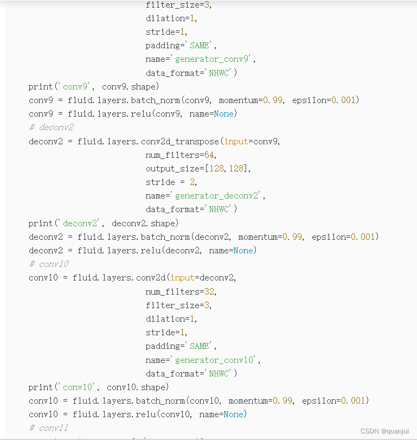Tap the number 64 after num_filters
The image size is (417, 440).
(x=210, y=155)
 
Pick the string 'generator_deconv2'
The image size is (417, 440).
(x=218, y=195)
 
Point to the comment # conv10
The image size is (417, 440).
(x=49, y=264)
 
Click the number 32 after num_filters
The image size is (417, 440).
(x=210, y=291)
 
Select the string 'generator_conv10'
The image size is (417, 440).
(x=215, y=360)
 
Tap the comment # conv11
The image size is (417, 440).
(x=49, y=428)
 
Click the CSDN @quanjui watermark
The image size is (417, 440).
(x=385, y=431)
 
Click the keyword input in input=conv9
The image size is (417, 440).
(x=236, y=141)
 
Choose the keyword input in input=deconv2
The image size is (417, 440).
(x=182, y=278)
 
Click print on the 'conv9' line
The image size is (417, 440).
(x=40, y=86)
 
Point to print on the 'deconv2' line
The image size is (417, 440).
(x=40, y=223)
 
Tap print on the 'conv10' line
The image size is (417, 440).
(x=40, y=387)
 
